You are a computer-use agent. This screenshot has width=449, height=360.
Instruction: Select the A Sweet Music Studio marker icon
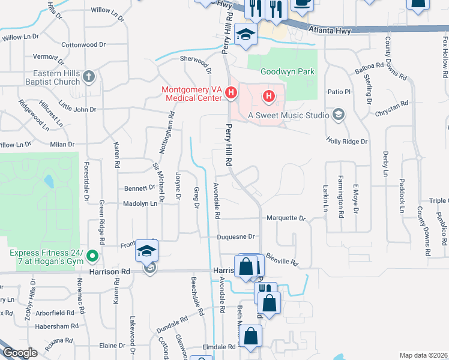[x=339, y=115]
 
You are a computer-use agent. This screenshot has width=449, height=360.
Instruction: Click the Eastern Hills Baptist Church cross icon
[x=89, y=77]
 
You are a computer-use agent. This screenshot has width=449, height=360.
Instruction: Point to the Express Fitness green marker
[x=92, y=257]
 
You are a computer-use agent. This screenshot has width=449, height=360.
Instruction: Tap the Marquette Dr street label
[x=286, y=218]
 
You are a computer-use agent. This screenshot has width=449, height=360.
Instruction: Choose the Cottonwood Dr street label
[x=83, y=44]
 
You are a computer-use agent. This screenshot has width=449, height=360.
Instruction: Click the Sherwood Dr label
[x=196, y=62]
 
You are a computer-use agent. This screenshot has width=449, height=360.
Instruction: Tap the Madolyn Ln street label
[x=139, y=203]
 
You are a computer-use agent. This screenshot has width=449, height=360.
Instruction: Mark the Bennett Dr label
[x=139, y=188]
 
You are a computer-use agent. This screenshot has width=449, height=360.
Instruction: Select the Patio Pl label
[x=338, y=92]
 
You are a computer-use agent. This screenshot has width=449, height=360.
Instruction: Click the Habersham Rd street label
[x=58, y=326]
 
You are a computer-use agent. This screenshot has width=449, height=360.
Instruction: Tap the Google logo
[x=20, y=353]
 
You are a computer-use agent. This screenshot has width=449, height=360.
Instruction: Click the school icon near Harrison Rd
[x=146, y=252]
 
